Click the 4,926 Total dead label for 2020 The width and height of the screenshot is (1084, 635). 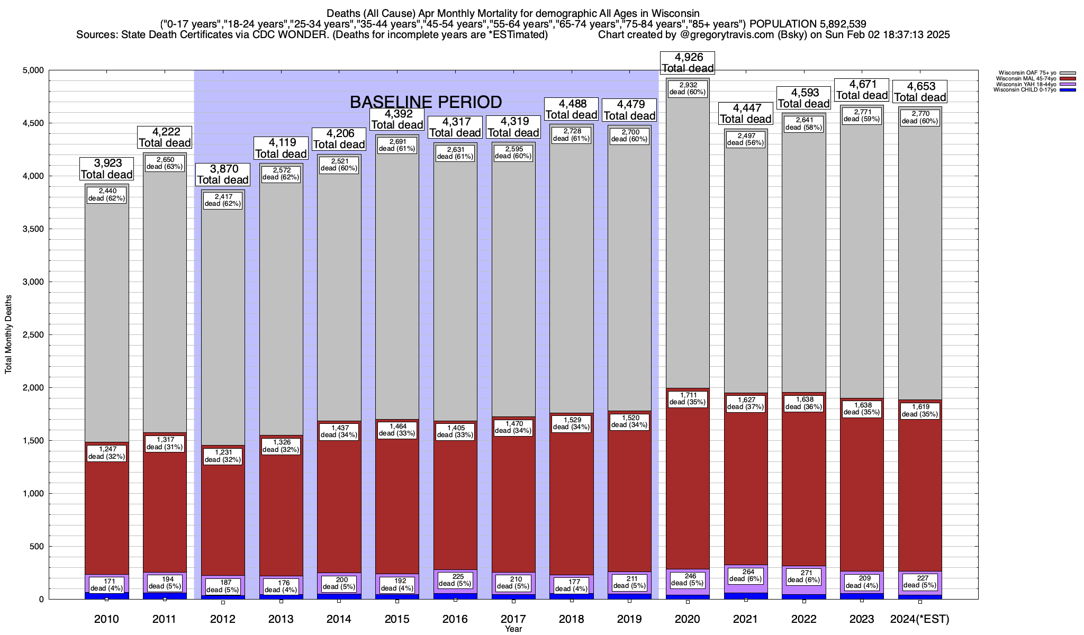point(688,62)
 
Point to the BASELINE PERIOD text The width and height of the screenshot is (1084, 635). point(426,102)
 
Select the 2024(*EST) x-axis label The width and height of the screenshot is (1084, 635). point(920,619)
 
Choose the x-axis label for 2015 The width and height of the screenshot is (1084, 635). point(397,619)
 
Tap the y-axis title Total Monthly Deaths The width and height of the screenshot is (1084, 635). point(8,334)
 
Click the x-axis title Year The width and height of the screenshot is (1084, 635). point(513,629)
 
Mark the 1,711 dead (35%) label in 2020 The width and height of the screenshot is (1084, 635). point(688,398)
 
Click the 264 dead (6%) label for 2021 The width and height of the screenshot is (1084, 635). point(745,575)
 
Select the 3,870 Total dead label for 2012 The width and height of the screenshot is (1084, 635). point(223,174)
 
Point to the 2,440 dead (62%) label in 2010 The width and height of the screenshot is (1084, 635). point(106,195)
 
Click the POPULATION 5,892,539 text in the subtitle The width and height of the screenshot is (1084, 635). point(808,24)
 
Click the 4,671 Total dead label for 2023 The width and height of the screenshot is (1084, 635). point(862,89)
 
